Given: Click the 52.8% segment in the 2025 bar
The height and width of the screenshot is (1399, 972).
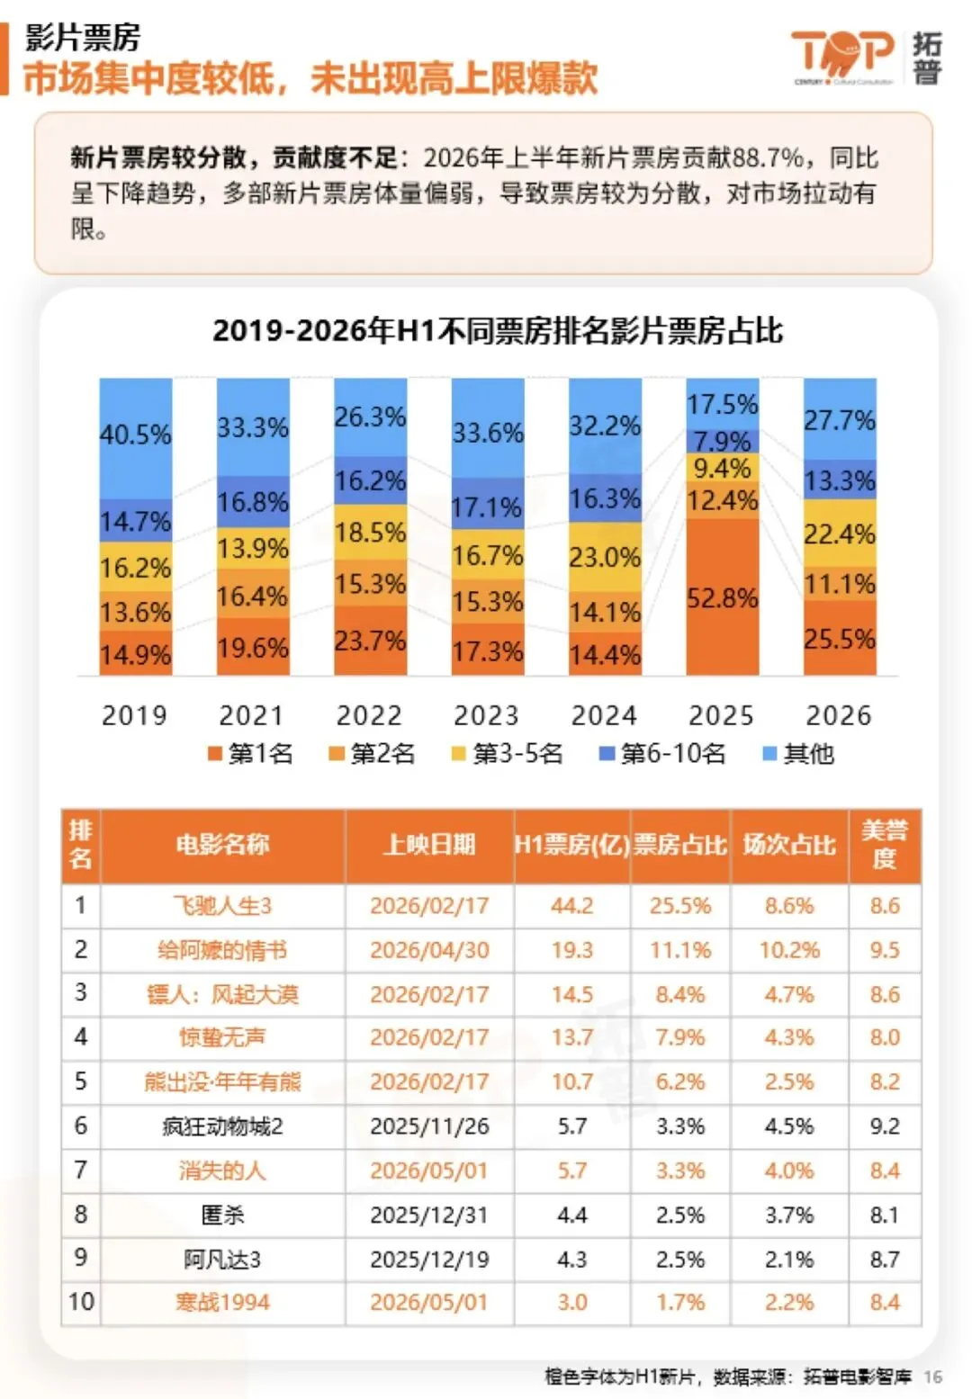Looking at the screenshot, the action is coord(722,596).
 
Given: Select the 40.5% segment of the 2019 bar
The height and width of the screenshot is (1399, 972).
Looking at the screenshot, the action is coord(136,438).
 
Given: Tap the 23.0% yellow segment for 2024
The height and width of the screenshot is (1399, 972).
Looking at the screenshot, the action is coord(605,557).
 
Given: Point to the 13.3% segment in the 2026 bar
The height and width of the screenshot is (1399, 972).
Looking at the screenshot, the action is coord(840,480).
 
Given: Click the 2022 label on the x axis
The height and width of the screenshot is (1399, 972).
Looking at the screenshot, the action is coord(369,716).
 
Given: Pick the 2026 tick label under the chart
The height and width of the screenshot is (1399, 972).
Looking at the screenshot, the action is coord(838,716).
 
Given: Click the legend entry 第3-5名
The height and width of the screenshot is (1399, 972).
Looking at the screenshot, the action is coord(507,754).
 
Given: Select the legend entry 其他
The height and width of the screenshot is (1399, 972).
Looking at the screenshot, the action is coord(799,754).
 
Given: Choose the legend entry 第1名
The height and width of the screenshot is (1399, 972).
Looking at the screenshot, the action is coord(250,754).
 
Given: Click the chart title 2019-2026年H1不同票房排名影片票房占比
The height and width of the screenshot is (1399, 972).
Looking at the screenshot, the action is coord(497,330).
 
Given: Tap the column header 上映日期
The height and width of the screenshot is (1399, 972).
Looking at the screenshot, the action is coord(429,845).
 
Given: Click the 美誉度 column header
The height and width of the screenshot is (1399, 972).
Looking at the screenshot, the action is coord(885,845).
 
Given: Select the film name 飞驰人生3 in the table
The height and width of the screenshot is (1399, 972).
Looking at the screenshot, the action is coord(222,906).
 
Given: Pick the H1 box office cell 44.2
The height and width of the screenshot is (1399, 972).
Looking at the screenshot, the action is coord(571,906).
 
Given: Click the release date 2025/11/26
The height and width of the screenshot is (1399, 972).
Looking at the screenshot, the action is coord(429,1126).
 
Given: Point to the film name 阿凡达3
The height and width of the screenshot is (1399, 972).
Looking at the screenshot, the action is coord(222,1260).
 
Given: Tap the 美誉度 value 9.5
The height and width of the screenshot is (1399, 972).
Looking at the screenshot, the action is coord(885,950).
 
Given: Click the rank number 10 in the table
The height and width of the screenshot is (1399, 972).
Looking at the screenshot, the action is coord(81,1302).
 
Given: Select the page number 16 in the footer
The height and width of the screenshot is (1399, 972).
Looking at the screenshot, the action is coord(932,1376).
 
